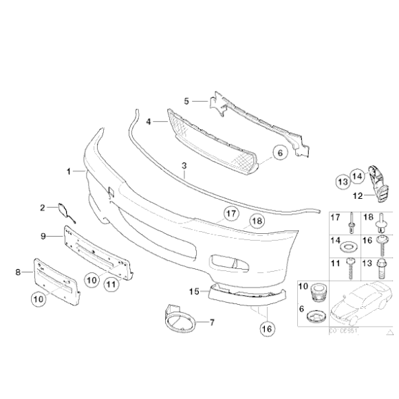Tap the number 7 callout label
212,322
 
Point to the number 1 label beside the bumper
68,169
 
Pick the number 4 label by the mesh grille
149,121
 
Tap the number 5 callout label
186,101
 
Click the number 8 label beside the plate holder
19,272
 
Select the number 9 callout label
43,236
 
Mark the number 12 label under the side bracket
356,195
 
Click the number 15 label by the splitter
195,292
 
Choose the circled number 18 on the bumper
256,222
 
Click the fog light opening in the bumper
228,263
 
